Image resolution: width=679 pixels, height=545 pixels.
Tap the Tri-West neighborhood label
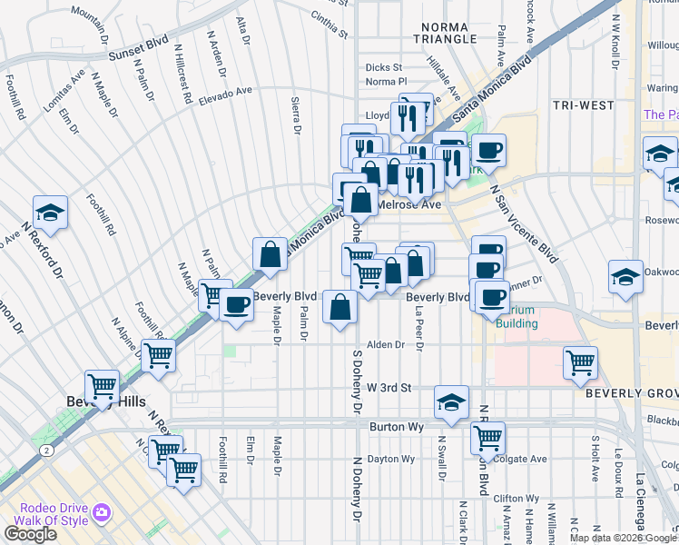point(584,105)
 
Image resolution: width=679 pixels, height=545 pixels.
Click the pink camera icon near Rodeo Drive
point(101,513)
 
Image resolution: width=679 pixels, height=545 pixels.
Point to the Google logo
point(30,533)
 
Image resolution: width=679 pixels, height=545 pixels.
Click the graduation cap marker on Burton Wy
point(451,402)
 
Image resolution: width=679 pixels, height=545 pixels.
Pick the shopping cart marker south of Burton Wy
point(488,440)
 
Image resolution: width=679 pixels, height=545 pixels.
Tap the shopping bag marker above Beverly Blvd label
point(270,255)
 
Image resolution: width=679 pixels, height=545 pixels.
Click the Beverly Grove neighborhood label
point(632,392)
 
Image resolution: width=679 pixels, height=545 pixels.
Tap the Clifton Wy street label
point(517,499)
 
